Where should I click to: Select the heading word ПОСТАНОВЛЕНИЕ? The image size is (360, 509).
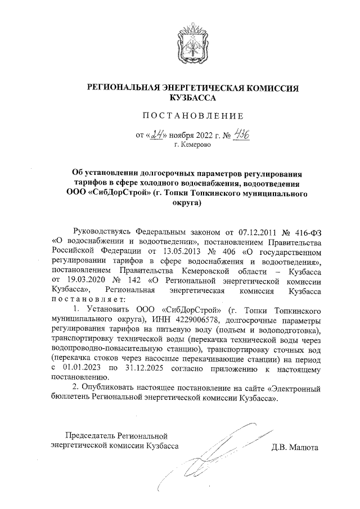[193, 116]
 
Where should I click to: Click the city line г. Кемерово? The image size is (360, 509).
[193, 145]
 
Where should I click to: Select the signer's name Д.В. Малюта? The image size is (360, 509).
[295, 448]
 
